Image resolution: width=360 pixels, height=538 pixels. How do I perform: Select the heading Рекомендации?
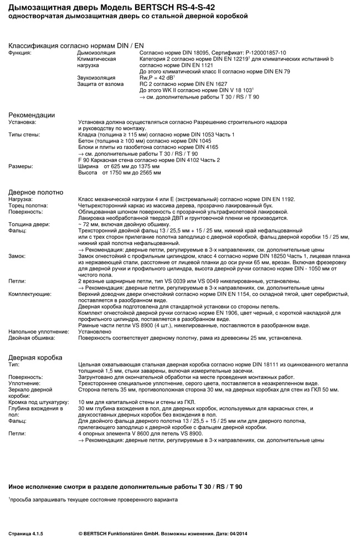[32, 115]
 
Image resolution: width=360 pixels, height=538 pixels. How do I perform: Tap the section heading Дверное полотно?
[36, 192]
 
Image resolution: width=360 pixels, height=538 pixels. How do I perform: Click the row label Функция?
[20, 53]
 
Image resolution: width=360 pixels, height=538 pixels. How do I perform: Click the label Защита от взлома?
[100, 84]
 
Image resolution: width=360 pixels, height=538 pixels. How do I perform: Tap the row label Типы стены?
[24, 135]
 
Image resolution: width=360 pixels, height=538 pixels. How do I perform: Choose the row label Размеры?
[20, 166]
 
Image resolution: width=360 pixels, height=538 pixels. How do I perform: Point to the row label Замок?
[17, 257]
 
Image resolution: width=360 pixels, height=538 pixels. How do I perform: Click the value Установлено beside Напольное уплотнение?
[96, 331]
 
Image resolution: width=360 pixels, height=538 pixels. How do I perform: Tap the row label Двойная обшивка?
[32, 337]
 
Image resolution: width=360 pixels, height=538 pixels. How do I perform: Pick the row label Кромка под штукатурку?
[38, 402]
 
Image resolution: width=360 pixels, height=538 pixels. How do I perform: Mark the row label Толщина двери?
[29, 224]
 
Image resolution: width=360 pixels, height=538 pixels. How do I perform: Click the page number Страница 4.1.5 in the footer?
[25, 533]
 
